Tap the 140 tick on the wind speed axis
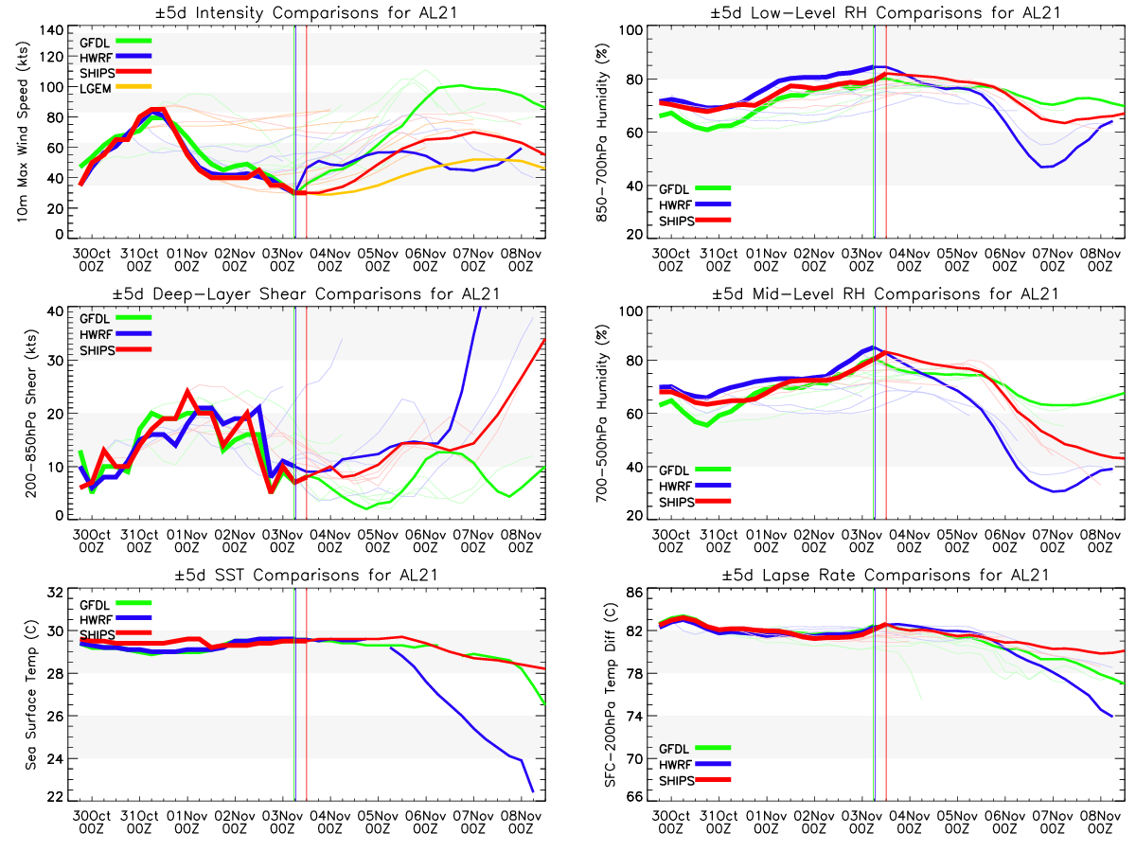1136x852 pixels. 58,30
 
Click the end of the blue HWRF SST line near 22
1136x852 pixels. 533,791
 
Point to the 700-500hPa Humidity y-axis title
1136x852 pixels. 599,414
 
